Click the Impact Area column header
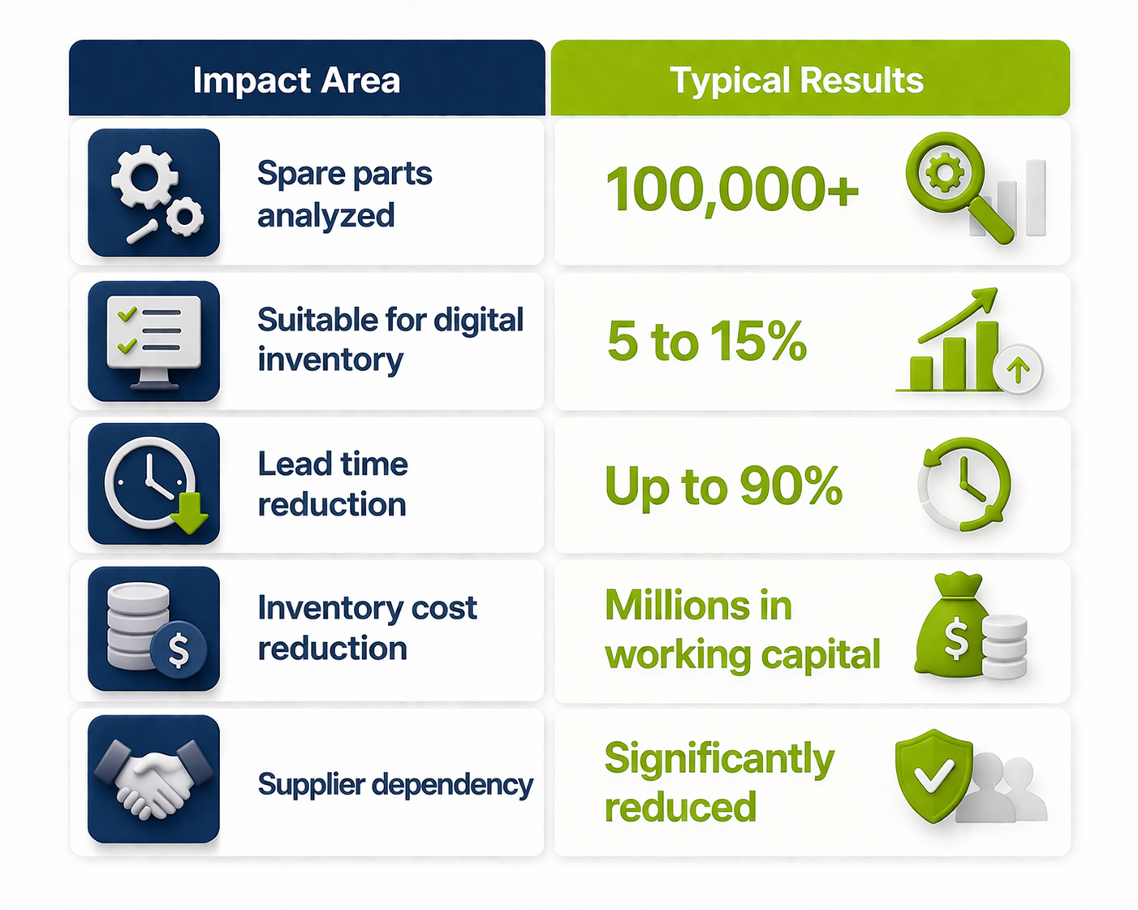296,80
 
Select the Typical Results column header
796,80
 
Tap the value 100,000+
732,190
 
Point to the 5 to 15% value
707,341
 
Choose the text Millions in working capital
742,631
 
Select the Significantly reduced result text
719,782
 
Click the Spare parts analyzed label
345,194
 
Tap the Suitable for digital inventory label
390,339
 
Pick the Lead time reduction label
333,484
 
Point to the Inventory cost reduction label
367,628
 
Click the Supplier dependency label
395,784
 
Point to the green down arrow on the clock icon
191,512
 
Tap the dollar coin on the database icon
179,649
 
